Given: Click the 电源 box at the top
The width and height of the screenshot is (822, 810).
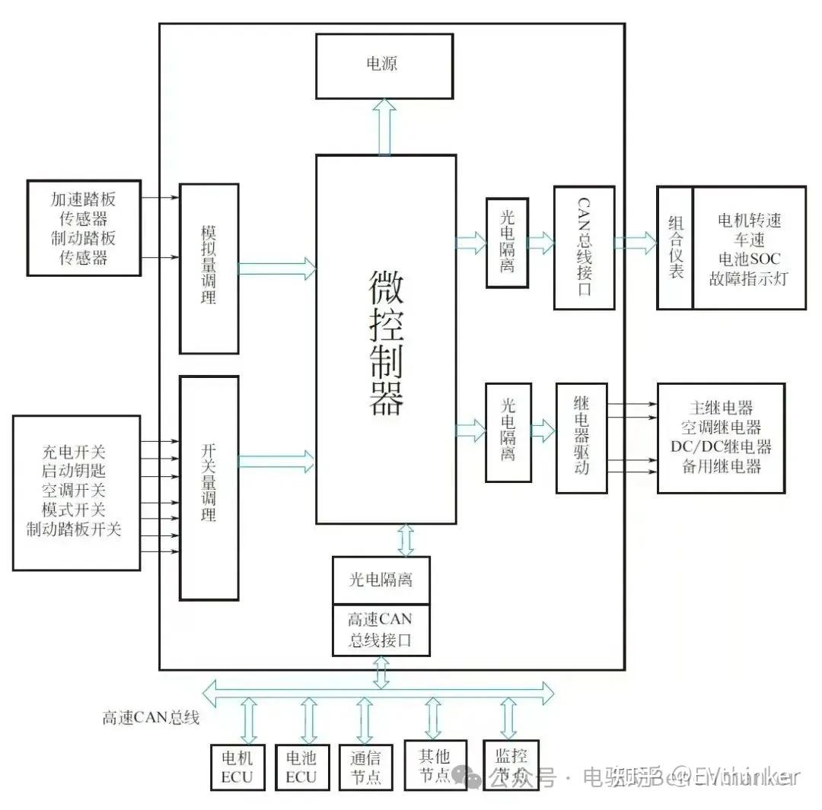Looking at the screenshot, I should pos(384,66).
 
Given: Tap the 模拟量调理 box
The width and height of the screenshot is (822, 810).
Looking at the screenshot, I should pos(209,268).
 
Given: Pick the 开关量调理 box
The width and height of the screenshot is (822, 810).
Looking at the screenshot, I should pos(209,488).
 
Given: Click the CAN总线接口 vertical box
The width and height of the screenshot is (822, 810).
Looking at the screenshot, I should pos(584,248).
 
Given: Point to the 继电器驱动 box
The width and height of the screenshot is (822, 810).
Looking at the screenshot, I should pos(582,437).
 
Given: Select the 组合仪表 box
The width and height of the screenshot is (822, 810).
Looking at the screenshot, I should pos(675,247).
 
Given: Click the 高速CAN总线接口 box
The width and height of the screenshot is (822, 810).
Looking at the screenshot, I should pos(381,630).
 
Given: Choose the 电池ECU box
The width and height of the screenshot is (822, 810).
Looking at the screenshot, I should pos(301,767).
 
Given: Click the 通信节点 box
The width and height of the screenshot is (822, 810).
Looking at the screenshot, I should pos(365,767).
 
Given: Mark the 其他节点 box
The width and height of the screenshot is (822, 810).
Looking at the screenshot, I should pos(434,765).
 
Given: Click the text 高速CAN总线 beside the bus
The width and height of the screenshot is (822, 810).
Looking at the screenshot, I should pos(151,717).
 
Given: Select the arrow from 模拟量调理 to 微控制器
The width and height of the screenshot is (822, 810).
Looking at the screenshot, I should pos(277,268).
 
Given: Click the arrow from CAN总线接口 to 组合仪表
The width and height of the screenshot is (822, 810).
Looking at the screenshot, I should pos(636,243).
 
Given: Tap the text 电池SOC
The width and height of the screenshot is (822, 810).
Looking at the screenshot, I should pos(750,259).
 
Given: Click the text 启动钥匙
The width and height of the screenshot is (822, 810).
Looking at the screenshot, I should pos(75,471).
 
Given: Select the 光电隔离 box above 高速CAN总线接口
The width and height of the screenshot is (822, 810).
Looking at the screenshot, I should pos(381,580).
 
